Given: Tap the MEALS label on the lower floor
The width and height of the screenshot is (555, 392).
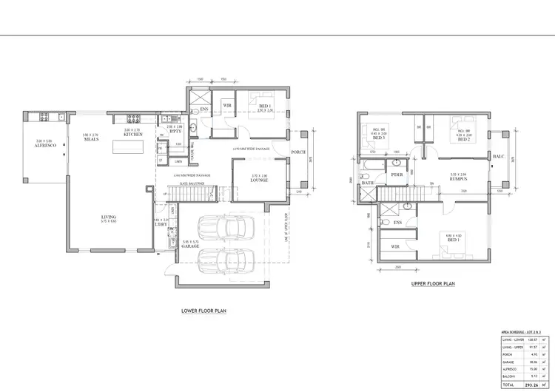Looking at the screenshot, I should click(91, 138).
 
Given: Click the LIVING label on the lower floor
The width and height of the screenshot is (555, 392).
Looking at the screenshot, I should click(110, 217).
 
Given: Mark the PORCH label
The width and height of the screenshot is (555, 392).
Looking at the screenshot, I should click(298, 152).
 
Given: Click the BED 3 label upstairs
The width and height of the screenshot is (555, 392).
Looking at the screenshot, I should click(379, 138).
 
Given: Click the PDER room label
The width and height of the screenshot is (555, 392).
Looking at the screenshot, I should click(397, 175).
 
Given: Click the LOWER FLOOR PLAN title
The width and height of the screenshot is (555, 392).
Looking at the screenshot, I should click(203, 311).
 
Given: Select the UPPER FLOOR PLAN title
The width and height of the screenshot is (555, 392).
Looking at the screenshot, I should click(433, 283).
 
